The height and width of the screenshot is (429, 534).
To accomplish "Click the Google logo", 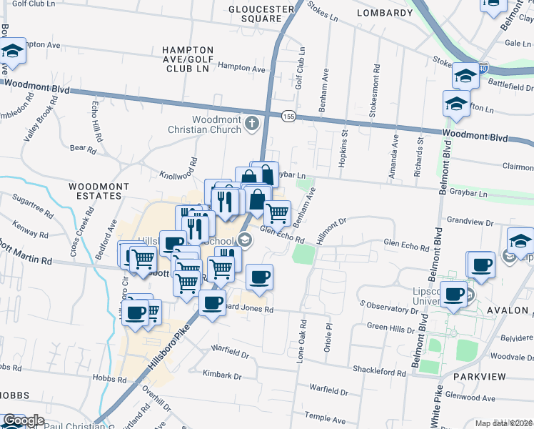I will (24, 421).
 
